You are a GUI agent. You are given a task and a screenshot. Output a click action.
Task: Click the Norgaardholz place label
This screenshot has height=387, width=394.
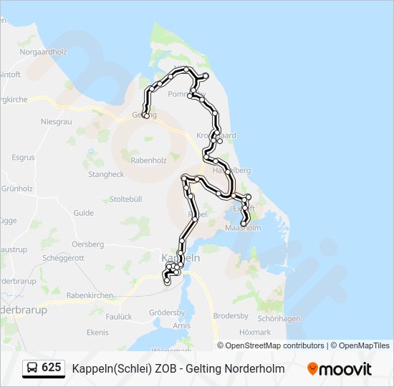click(x=43, y=52)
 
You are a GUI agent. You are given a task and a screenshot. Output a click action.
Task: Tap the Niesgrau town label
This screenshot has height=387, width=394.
click(x=57, y=122)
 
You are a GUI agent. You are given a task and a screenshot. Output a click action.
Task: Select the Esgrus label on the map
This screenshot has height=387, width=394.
click(x=23, y=158)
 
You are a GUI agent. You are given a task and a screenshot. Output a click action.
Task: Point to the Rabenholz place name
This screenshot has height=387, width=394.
click(x=149, y=161)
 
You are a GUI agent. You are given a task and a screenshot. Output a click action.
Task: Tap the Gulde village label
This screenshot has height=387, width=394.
click(x=83, y=213)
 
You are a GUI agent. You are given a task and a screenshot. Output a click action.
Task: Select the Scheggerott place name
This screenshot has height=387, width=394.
click(x=63, y=258)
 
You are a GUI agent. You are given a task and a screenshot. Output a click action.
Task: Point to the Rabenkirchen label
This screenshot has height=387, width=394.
click(x=90, y=295)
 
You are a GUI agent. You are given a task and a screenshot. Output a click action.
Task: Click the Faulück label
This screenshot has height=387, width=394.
click(x=119, y=316)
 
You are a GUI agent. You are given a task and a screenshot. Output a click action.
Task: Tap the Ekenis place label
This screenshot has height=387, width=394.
click(x=97, y=332)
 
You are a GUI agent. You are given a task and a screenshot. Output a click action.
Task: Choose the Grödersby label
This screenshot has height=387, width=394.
click(x=167, y=313)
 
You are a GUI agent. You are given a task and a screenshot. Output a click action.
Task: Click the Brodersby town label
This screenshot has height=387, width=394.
click(x=231, y=316)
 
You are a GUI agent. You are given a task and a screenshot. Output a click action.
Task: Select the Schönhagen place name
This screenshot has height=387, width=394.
click(x=278, y=318)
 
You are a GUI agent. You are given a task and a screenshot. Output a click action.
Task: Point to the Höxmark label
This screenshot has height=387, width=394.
click(x=255, y=333)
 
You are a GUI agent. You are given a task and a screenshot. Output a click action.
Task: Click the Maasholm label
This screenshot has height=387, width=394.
click(x=243, y=229)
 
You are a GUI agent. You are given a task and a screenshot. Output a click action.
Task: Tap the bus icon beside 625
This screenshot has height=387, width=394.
click(x=32, y=368)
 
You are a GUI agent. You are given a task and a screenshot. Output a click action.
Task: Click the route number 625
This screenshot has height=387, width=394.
click(x=52, y=368)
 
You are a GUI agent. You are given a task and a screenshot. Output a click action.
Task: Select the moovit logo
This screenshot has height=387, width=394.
click(x=340, y=369)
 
